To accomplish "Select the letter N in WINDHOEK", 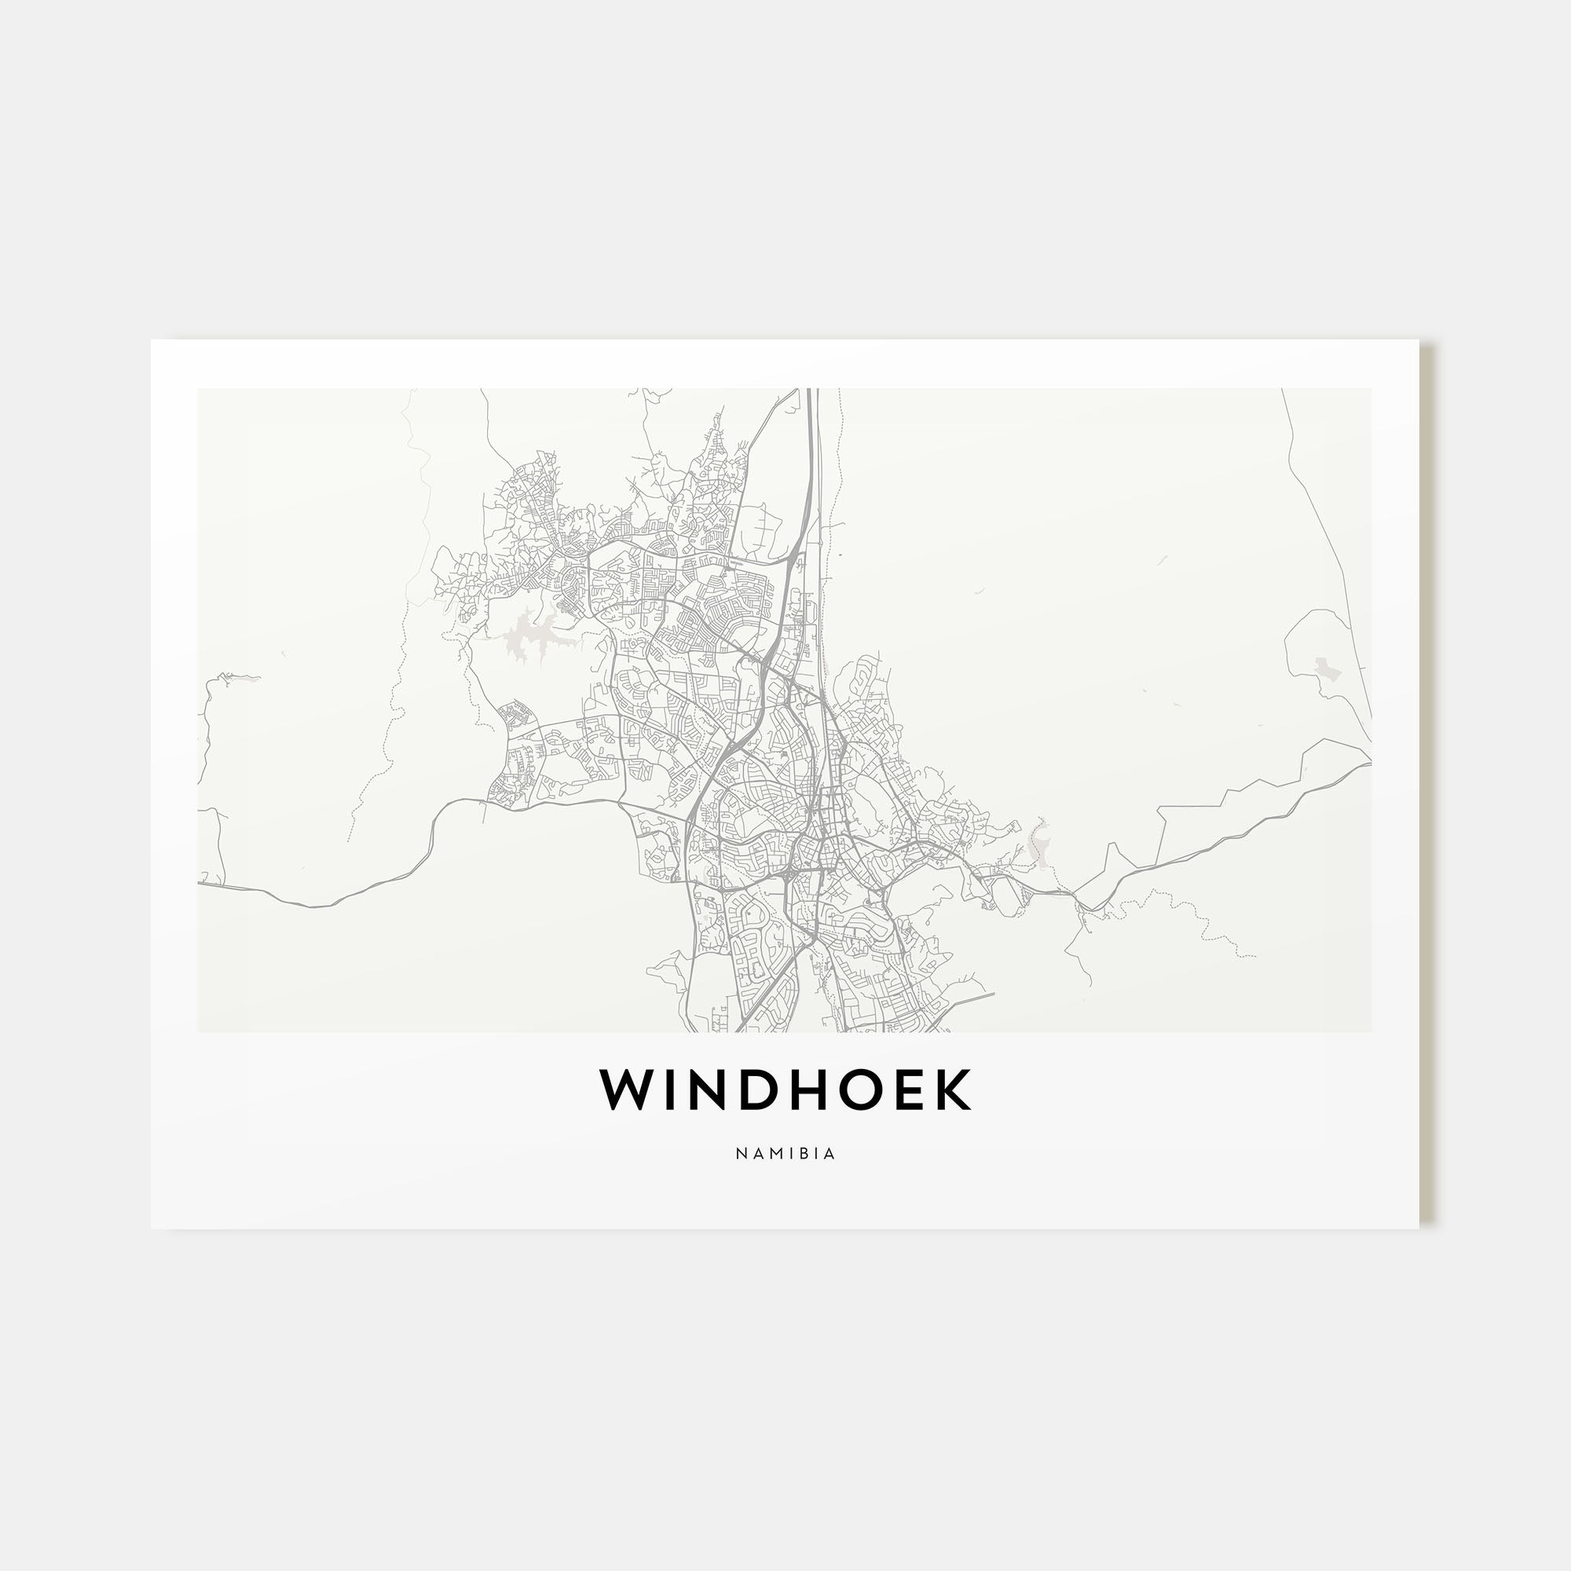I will coord(718,1089).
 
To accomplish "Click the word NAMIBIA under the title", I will coord(785,1154).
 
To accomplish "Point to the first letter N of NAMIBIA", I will coord(740,1154).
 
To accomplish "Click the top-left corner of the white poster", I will coord(152,341).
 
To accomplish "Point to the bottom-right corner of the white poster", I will coord(1418,1228).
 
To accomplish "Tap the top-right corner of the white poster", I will coord(1418,341).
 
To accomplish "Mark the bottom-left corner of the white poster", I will coord(152,1228).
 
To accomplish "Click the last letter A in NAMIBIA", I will coord(830,1154).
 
